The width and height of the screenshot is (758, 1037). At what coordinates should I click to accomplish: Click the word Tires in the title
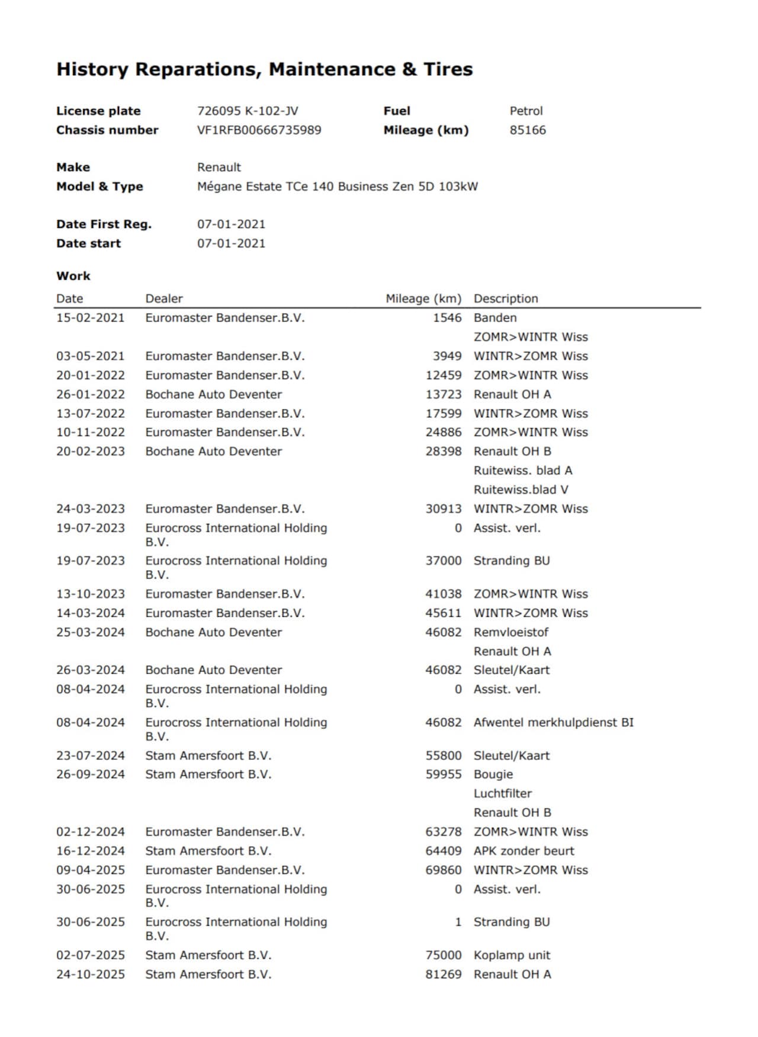point(448,69)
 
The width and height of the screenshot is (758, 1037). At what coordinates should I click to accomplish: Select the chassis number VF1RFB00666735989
point(259,130)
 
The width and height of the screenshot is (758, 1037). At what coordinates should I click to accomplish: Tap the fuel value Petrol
point(526,111)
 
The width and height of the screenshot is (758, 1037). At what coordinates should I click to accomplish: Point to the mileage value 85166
point(528,130)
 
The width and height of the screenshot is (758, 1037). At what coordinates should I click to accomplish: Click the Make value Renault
point(219,167)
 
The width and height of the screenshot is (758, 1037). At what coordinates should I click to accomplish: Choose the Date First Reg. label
point(104,224)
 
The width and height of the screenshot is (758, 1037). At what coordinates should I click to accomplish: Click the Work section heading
point(73,276)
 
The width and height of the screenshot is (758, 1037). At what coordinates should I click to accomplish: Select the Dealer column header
point(164,299)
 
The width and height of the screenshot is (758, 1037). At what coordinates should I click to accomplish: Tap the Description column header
point(506,299)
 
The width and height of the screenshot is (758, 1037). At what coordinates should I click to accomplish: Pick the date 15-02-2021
point(91,318)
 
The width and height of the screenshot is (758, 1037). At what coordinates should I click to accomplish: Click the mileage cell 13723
point(443,394)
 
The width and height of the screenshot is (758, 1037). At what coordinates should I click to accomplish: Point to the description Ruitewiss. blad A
point(523,471)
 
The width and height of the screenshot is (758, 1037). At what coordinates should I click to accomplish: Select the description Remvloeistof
point(511,632)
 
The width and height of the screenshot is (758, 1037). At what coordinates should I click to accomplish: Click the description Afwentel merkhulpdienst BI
point(553,722)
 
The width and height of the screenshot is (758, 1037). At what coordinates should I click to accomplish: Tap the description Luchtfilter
point(503,793)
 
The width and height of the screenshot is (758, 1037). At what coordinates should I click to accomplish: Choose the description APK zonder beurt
point(524,851)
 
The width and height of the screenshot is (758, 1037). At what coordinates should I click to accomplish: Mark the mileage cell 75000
point(443,955)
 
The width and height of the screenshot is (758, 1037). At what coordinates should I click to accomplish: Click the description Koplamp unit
point(512,955)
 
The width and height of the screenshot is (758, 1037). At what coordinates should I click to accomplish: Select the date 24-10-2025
point(91,974)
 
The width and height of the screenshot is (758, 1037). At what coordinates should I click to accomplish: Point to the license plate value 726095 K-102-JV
point(248,111)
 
